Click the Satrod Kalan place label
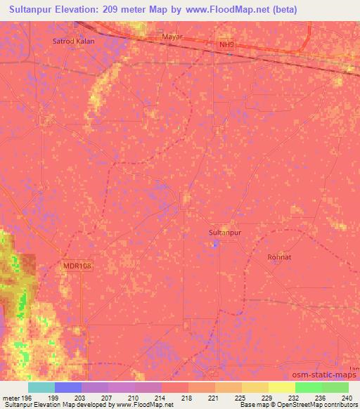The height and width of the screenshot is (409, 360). click(73, 41)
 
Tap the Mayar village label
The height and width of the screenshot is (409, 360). click(172, 35)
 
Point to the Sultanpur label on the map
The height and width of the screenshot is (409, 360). click(226, 231)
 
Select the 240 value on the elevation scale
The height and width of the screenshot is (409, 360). click(347, 397)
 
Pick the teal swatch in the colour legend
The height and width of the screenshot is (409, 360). click(41, 387)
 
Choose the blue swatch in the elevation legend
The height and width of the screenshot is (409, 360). click(67, 387)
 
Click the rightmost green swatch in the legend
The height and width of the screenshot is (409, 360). click(335, 387)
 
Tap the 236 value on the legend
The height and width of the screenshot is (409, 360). click(320, 397)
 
